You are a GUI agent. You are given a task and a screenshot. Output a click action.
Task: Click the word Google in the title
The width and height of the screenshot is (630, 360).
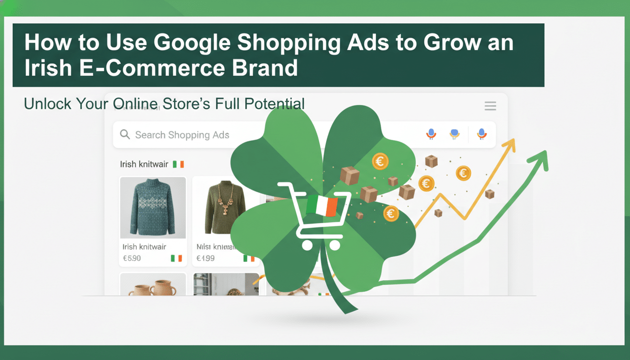(192, 43)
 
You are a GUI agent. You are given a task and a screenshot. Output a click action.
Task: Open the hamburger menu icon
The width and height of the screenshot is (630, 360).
(490, 106)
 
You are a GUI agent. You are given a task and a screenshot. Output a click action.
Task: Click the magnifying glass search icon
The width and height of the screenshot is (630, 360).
(125, 135)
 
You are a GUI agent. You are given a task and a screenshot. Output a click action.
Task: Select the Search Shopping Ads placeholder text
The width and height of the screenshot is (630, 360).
(182, 135)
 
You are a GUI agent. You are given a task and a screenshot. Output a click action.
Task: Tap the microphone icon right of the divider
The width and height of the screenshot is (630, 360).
(481, 134)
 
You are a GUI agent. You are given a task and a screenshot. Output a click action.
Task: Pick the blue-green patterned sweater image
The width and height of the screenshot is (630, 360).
(152, 207)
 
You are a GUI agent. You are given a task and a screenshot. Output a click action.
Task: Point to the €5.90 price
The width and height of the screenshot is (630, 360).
(132, 258)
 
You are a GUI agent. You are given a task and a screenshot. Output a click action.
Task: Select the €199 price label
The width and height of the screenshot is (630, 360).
(205, 258)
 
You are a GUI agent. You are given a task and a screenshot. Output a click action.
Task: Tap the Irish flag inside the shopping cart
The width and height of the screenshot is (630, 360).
(322, 207)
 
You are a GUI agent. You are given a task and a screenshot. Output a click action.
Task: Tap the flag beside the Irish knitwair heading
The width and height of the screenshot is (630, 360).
(179, 165)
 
